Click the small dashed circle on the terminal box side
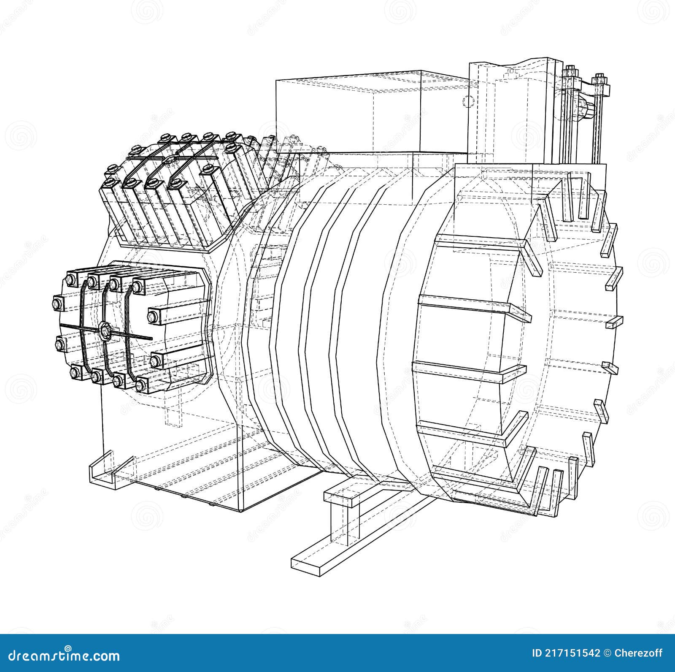pyautogui.click(x=467, y=101)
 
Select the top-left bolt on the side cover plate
pyautogui.click(x=70, y=279)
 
